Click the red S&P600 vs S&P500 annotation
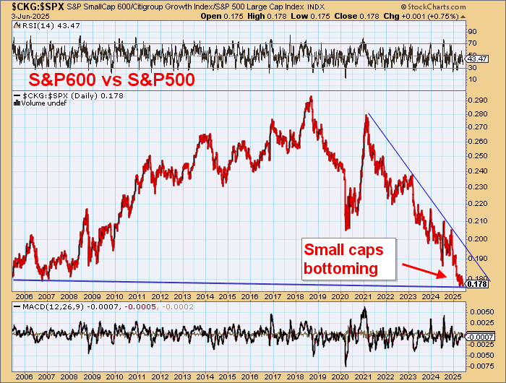pyautogui.click(x=111, y=79)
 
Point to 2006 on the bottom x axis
pyautogui.click(x=25, y=377)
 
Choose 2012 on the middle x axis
pyautogui.click(x=160, y=296)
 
